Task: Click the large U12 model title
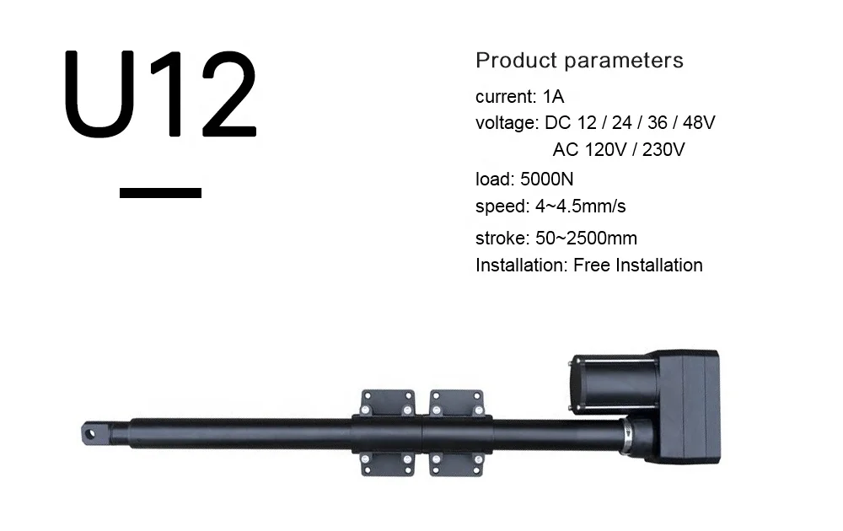[x=160, y=94]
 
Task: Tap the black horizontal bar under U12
[x=160, y=193]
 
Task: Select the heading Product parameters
[x=579, y=61]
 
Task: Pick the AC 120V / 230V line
[x=618, y=150]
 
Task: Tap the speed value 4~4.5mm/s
[x=581, y=206]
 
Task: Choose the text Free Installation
[x=637, y=265]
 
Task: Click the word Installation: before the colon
[x=519, y=265]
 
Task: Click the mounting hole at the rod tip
[x=89, y=432]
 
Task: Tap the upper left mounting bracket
[x=389, y=402]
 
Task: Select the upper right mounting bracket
[x=457, y=402]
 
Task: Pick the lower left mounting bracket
[x=389, y=464]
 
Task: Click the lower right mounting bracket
[x=457, y=464]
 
